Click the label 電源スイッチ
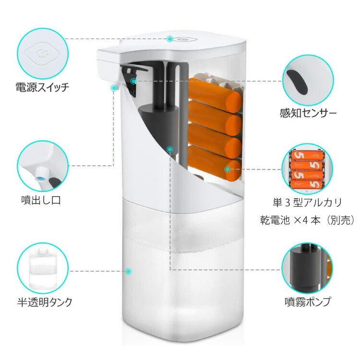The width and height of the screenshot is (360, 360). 42,87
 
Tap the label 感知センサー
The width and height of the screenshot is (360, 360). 308,113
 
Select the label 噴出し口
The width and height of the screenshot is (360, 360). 41,200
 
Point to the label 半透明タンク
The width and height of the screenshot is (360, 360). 45,302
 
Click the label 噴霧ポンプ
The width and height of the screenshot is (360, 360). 308,302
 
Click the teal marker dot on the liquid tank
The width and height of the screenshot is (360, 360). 128,271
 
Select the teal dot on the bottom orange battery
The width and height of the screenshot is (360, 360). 228,169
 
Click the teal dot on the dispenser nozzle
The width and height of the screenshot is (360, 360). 114,88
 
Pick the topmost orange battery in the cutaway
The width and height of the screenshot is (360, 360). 215,95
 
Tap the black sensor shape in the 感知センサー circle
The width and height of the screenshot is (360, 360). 298,82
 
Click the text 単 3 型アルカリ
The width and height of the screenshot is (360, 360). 307,203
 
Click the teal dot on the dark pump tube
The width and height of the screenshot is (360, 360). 169,150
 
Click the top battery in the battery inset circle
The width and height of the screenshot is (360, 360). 307,155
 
